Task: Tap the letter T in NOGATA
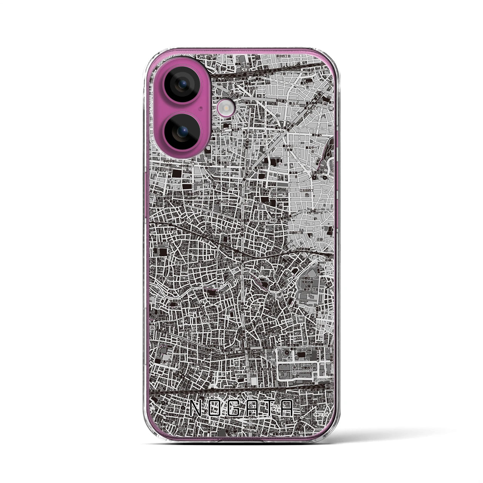[x=268, y=408]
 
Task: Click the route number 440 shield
[x=273, y=220]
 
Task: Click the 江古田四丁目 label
[x=307, y=191]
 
